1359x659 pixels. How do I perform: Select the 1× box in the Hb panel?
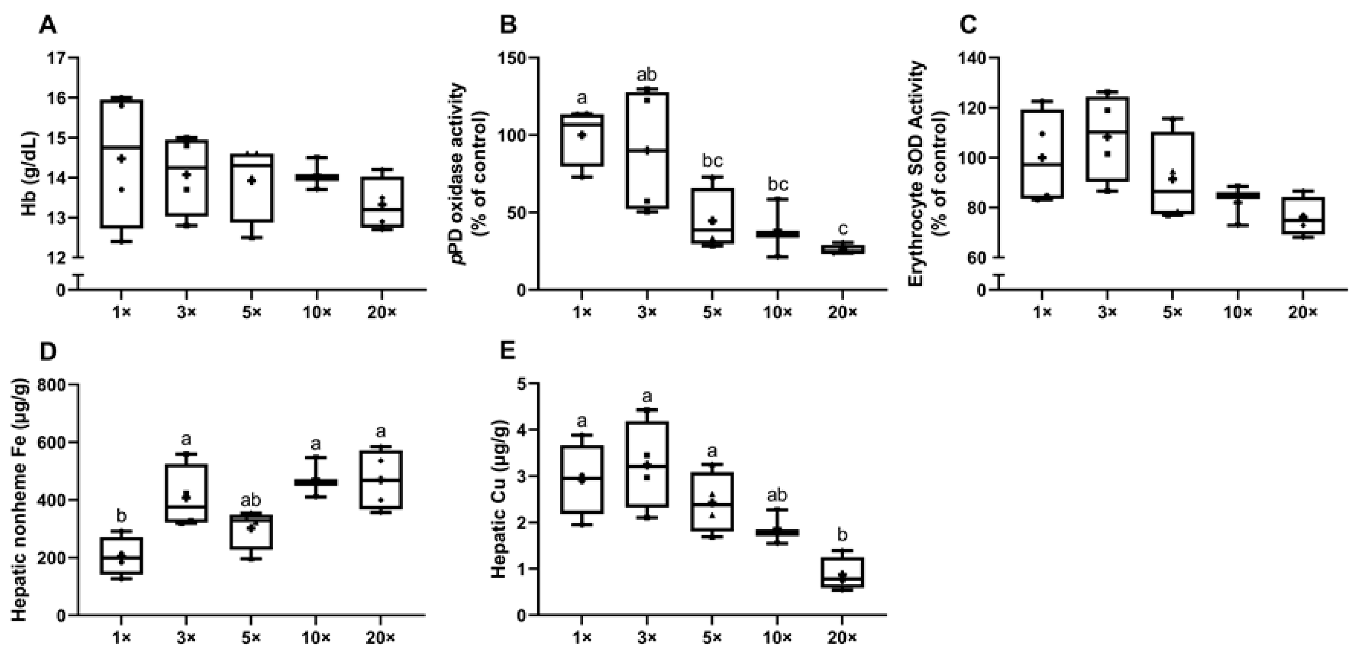pyautogui.click(x=122, y=164)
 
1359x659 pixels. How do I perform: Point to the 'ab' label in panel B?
pyautogui.click(x=647, y=75)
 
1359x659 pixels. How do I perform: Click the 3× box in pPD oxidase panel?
pyautogui.click(x=647, y=150)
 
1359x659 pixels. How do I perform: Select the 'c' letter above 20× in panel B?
pyautogui.click(x=843, y=228)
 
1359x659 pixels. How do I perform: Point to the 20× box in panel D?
pyautogui.click(x=381, y=480)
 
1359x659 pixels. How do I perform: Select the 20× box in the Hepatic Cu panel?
pyautogui.click(x=843, y=572)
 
